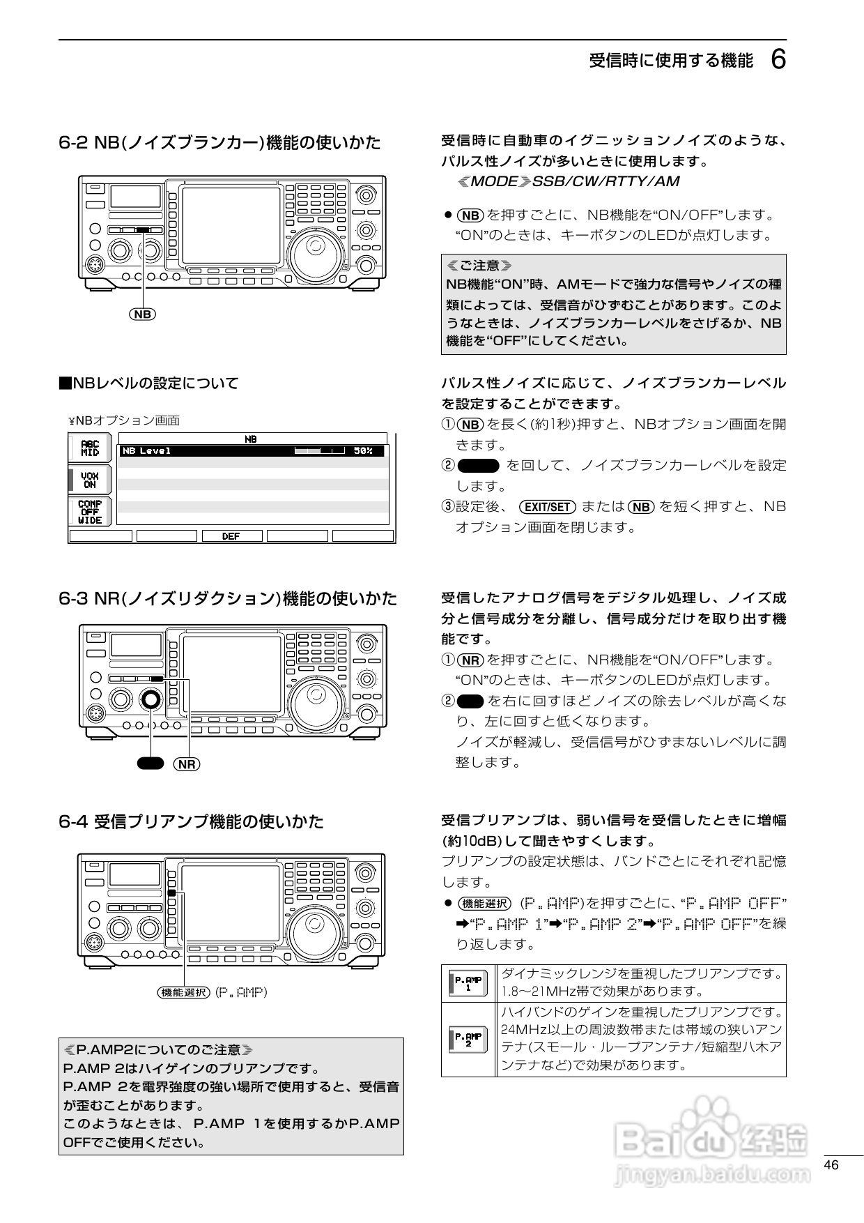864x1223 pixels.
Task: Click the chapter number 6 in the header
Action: pyautogui.click(x=778, y=60)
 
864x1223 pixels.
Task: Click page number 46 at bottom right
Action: pyautogui.click(x=831, y=1165)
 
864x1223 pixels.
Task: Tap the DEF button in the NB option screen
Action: pyautogui.click(x=231, y=536)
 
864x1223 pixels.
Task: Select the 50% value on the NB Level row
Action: pyautogui.click(x=363, y=451)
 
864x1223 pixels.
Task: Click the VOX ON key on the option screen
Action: pyautogui.click(x=90, y=480)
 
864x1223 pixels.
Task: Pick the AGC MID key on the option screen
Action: pyautogui.click(x=90, y=448)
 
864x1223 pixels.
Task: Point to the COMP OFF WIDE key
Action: pyautogui.click(x=90, y=512)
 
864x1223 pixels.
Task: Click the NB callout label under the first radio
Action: pyautogui.click(x=143, y=314)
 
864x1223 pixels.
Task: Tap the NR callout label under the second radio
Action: pyautogui.click(x=187, y=764)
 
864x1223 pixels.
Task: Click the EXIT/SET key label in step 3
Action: pyautogui.click(x=548, y=507)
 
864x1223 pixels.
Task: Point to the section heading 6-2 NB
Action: pyautogui.click(x=219, y=143)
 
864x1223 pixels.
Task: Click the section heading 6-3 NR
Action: pyautogui.click(x=228, y=598)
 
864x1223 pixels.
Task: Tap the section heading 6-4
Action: pyautogui.click(x=191, y=821)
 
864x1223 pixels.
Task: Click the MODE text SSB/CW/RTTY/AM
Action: pyautogui.click(x=569, y=181)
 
